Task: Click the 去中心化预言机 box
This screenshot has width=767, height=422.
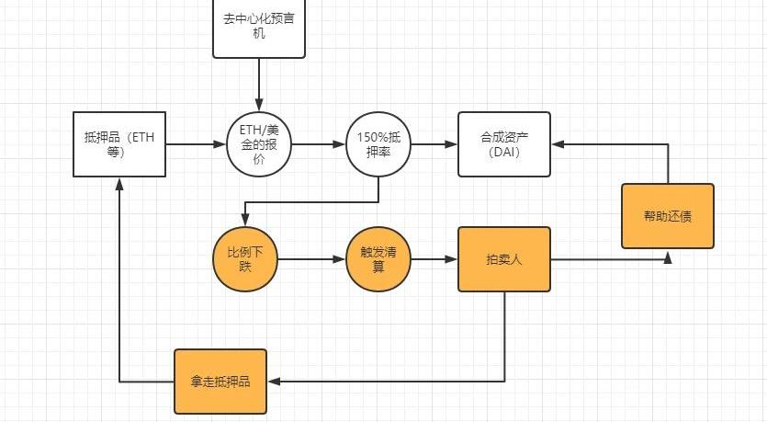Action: (258, 28)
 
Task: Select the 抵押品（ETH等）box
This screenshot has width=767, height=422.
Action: (118, 144)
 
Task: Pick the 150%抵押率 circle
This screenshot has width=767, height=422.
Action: (379, 144)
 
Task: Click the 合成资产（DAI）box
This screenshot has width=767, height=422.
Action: (504, 144)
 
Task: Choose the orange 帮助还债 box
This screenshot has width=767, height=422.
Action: (667, 216)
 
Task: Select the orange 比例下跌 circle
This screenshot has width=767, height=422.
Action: (244, 258)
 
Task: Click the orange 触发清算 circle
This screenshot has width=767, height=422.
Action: (378, 258)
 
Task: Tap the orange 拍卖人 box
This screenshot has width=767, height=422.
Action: (503, 259)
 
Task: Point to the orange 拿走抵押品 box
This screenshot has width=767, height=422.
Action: (220, 381)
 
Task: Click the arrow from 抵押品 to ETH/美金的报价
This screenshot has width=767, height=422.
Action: (196, 144)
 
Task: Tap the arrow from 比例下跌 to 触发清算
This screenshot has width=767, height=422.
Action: (311, 259)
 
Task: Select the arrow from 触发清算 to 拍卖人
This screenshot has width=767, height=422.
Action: (434, 259)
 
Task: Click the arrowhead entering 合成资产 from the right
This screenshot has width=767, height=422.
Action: (558, 144)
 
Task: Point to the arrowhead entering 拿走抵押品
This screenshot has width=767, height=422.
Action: (273, 381)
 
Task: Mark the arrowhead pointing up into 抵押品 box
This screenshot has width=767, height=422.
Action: (118, 183)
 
